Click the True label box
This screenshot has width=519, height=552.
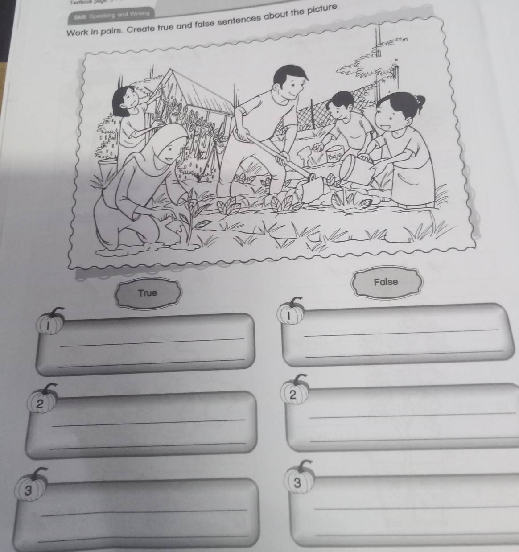click(148, 293)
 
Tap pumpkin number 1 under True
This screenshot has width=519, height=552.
click(49, 323)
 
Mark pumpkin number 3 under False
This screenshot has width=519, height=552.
click(299, 481)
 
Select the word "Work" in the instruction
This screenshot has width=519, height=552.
click(77, 33)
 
